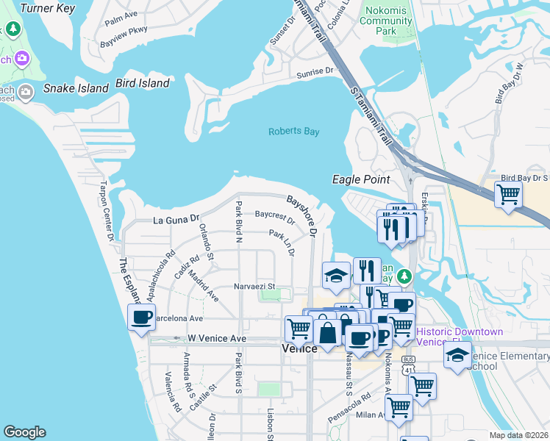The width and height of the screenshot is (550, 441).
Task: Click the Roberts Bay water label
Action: (293, 132)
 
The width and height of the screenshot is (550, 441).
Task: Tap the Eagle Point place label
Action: (360, 179)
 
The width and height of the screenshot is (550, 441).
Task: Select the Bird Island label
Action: (143, 83)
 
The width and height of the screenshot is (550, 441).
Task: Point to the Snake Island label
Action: (76, 88)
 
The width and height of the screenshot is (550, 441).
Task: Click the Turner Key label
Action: (48, 9)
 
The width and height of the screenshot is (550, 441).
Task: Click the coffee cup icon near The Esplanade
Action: (141, 318)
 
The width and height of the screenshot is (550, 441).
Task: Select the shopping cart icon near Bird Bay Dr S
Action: (508, 195)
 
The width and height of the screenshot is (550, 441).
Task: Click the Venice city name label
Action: (299, 348)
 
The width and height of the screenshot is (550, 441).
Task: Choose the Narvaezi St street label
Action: (254, 286)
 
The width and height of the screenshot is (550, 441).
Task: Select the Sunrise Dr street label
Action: (315, 73)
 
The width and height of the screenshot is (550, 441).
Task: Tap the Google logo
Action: (24, 432)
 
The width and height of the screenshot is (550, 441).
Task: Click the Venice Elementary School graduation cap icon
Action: (457, 355)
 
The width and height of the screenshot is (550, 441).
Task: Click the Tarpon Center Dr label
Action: (108, 211)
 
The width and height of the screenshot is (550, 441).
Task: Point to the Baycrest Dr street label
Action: (274, 218)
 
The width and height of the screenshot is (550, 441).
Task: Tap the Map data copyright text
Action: (519, 435)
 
